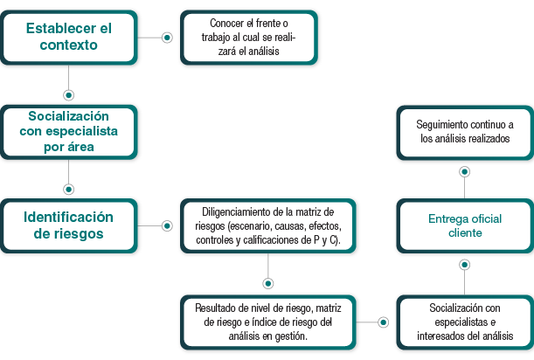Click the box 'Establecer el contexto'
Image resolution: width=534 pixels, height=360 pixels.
[x=68, y=37]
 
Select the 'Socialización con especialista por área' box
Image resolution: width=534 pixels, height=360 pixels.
[x=68, y=131]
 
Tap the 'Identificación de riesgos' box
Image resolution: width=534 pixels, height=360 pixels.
[x=68, y=225]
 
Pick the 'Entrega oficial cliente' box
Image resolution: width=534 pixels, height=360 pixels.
[x=464, y=225]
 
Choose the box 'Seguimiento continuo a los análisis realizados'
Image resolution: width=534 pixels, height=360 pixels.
[x=464, y=132]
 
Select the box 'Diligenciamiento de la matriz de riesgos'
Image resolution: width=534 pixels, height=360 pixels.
[x=267, y=225]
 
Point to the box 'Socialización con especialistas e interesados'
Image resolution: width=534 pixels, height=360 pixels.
[x=464, y=322]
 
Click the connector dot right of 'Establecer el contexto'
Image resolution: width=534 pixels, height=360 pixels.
[x=167, y=38]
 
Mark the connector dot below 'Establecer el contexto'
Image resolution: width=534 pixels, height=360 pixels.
[x=68, y=94]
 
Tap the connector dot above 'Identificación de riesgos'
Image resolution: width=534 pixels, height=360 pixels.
[x=68, y=188]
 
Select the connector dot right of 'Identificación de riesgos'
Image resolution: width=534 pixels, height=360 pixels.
[x=167, y=225]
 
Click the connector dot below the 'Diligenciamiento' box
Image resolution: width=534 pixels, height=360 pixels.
[x=267, y=283]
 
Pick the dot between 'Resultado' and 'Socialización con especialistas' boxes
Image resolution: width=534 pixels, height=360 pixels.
[x=382, y=322]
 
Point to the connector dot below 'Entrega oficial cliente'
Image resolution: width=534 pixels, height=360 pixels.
[x=464, y=264]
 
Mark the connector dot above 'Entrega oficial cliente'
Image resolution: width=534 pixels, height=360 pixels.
[x=464, y=170]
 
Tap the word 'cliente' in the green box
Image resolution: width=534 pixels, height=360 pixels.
[x=464, y=233]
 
